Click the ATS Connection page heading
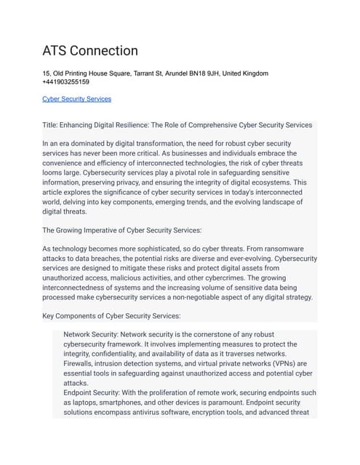tap(90, 51)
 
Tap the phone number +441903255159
tap(66, 82)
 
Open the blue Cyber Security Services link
tap(77, 99)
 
